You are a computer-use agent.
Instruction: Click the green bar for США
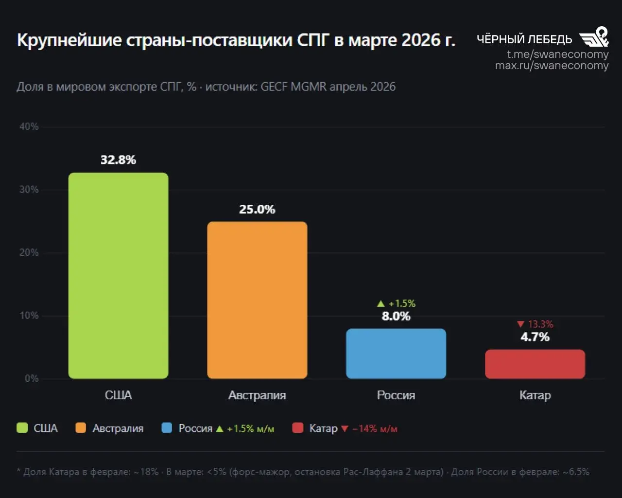(x=118, y=275)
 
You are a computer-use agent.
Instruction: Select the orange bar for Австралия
(x=257, y=300)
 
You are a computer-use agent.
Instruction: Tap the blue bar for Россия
(x=396, y=354)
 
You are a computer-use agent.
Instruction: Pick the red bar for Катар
(x=535, y=364)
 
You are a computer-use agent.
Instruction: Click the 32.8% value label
(x=118, y=160)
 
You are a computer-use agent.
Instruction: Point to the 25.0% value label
(x=257, y=210)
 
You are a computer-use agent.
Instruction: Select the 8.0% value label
(x=396, y=317)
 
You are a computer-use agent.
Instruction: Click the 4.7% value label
(x=535, y=337)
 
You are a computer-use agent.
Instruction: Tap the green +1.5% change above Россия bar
(x=397, y=303)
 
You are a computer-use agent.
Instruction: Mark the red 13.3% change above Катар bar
(x=535, y=324)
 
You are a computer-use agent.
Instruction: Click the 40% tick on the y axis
(x=29, y=126)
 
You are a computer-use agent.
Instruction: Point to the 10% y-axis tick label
(x=29, y=316)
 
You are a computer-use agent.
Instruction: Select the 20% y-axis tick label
(x=29, y=252)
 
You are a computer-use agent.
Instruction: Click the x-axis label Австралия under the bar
(x=257, y=395)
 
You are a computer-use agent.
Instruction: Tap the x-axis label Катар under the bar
(x=535, y=395)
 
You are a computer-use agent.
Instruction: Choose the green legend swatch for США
(x=22, y=428)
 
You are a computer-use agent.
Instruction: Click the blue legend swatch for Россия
(x=167, y=428)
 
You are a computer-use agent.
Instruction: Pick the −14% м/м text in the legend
(x=374, y=429)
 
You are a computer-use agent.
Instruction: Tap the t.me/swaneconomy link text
(x=557, y=54)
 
